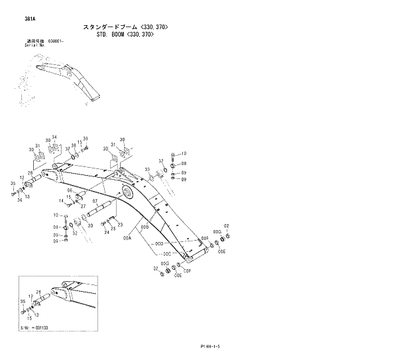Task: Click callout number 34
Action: tap(54, 137)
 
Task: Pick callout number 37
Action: tap(67, 149)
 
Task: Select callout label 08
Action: tap(184, 162)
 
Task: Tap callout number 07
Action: tap(95, 201)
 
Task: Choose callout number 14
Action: tap(61, 200)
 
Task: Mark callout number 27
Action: tap(82, 206)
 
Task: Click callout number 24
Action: tap(105, 231)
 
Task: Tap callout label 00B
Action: tap(144, 227)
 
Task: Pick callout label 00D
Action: tap(159, 244)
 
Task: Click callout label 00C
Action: tap(167, 254)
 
